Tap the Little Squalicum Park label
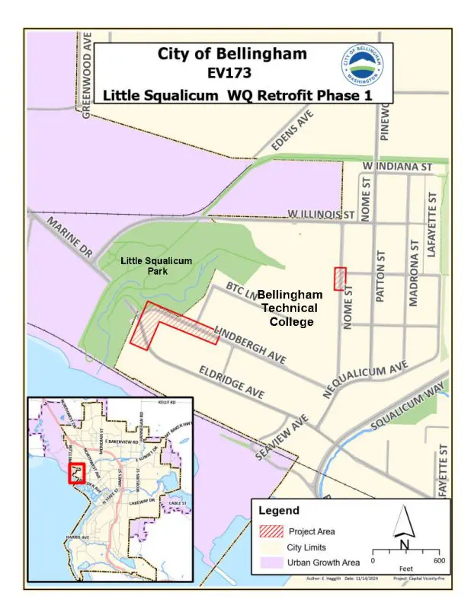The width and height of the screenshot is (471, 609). (156, 266)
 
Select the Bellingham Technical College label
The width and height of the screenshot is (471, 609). (289, 308)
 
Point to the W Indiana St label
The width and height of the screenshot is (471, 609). (398, 166)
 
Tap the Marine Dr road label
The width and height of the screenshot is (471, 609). (69, 242)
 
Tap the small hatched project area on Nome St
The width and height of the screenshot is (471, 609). (340, 278)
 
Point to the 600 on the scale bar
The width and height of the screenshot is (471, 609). (438, 560)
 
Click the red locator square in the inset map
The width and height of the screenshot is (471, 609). (76, 474)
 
